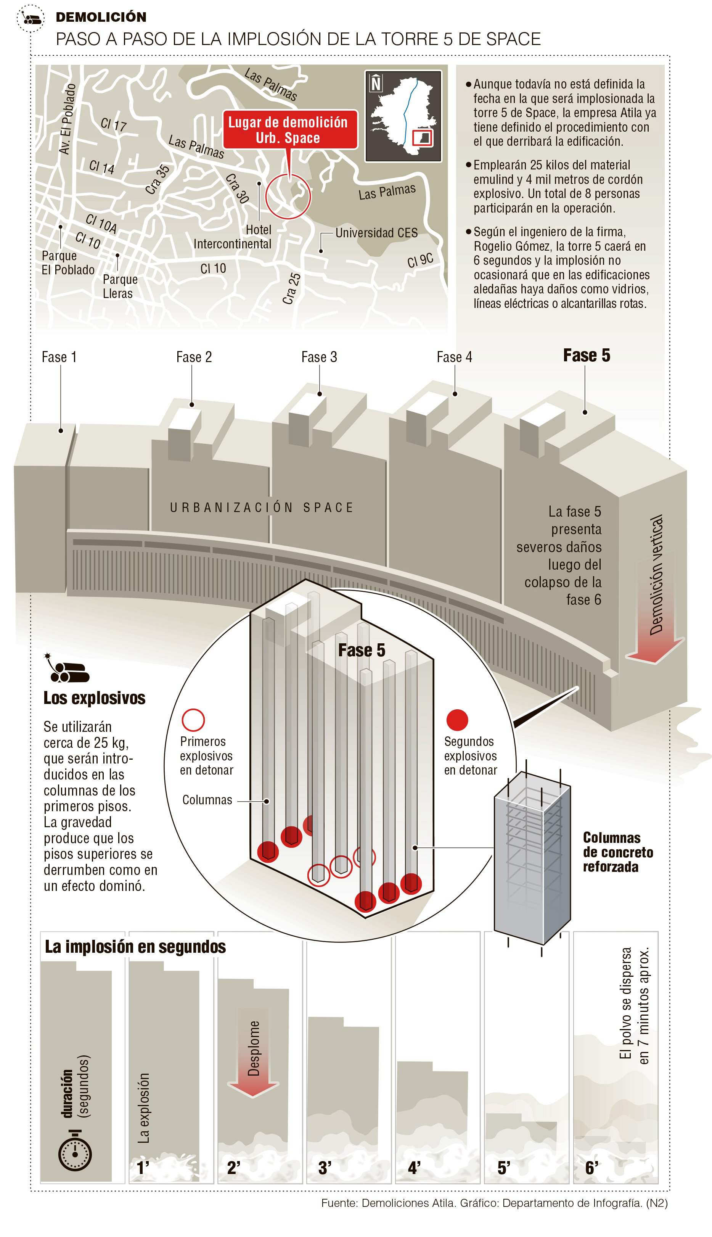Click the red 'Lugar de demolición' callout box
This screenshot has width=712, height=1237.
tap(289, 130)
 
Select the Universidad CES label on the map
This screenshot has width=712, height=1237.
tap(376, 233)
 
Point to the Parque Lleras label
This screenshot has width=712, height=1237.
tap(120, 286)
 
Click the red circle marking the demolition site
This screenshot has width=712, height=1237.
tap(288, 196)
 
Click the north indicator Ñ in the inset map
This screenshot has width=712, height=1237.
tap(376, 84)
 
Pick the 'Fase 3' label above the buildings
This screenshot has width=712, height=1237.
tap(319, 357)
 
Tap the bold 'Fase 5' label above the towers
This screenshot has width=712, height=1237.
tap(586, 356)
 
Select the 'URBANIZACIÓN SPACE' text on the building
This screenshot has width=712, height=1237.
tap(262, 507)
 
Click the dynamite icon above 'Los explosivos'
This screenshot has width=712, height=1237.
tap(68, 668)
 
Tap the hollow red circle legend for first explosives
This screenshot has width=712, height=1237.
tap(193, 720)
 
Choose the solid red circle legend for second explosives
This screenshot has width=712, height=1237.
tap(457, 720)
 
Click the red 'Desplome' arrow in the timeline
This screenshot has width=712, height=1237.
tap(253, 1052)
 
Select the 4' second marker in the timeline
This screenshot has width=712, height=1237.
tap(414, 1168)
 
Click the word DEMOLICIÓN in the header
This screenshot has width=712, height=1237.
tap(101, 17)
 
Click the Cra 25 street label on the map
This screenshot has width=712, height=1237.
tap(292, 288)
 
